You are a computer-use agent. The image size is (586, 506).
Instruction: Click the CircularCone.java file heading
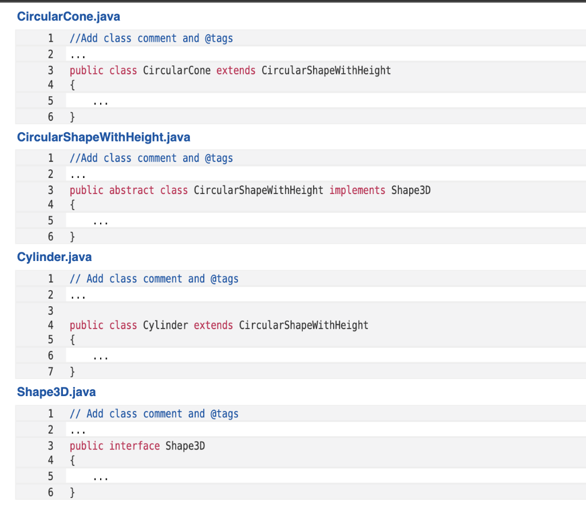[x=69, y=17]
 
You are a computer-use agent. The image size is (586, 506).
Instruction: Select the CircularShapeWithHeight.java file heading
[x=104, y=137]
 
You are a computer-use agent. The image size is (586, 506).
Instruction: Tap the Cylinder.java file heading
[x=54, y=257]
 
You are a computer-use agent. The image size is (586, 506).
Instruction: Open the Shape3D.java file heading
[x=56, y=392]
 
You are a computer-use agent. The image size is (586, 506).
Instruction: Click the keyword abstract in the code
[x=132, y=190]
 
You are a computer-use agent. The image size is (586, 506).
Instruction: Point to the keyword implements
[x=357, y=190]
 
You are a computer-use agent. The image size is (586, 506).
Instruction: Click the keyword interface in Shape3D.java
[x=134, y=446]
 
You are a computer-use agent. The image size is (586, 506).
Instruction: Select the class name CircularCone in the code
[x=176, y=70]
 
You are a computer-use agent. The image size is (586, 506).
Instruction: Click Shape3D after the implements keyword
[x=411, y=190]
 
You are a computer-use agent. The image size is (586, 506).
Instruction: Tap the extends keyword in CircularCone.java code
[x=236, y=70]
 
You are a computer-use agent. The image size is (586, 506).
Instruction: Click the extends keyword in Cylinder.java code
[x=213, y=326]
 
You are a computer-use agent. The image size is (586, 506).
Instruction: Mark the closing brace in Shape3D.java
[x=72, y=492]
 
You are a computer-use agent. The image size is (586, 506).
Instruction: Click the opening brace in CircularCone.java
[x=72, y=86]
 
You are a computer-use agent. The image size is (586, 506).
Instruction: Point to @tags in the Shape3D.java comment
[x=224, y=414]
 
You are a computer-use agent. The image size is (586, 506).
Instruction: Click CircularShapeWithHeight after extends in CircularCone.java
[x=326, y=70]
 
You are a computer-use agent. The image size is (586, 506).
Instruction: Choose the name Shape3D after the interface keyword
[x=185, y=446]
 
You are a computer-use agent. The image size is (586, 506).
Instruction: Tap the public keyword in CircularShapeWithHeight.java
[x=86, y=190]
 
